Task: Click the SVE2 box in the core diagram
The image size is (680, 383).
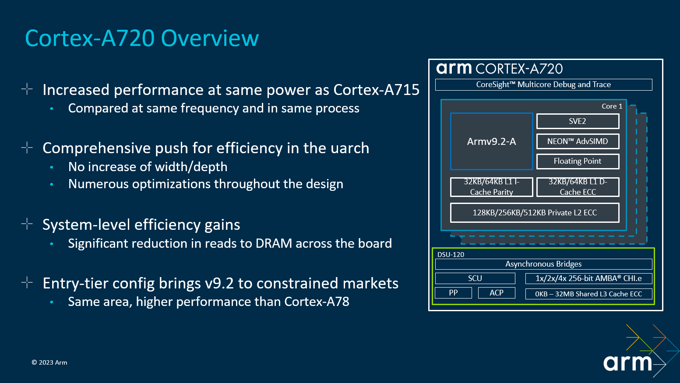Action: coord(578,121)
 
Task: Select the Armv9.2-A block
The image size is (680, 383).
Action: coord(491,141)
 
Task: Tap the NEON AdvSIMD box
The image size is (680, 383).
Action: coord(578,141)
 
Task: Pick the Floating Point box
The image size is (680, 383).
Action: coord(578,161)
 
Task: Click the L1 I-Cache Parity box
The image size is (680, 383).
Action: coord(491,187)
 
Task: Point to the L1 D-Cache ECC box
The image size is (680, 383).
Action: coord(578,187)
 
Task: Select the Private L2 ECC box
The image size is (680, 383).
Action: coord(535,213)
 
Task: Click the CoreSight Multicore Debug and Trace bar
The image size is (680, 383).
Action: coord(543,84)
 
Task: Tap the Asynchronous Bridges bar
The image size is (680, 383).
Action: coord(543,264)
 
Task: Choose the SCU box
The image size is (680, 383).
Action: coord(475,278)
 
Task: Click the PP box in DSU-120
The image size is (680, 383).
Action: coord(453,293)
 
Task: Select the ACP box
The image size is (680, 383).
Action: coord(497,293)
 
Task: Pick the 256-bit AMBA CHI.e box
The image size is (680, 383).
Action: coord(588,278)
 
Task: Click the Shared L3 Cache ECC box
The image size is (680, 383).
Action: coord(588,294)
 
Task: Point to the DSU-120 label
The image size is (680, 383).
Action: coord(451,254)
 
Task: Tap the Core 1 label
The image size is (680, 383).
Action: coord(612,106)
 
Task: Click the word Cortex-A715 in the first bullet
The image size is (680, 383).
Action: coord(376,90)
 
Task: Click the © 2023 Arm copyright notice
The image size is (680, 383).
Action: coord(49,362)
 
